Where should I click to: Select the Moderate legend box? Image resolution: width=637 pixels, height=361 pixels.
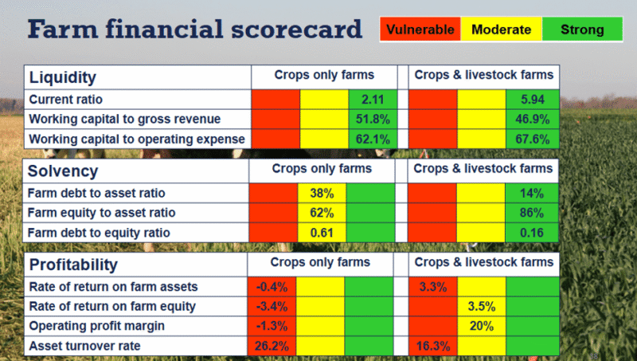tap(502, 30)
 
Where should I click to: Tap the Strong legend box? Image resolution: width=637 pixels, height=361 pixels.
tap(582, 30)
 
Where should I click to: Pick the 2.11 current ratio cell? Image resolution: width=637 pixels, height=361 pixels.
tap(372, 100)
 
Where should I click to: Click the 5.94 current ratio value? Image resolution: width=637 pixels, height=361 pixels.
tap(530, 100)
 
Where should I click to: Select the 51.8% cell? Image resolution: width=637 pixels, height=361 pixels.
tap(372, 119)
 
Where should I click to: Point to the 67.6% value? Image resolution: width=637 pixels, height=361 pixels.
tap(530, 139)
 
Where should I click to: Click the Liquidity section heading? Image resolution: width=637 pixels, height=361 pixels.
tap(63, 78)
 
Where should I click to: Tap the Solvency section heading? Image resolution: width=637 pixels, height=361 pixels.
tap(63, 171)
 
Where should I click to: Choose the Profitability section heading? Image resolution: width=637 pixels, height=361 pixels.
tap(73, 265)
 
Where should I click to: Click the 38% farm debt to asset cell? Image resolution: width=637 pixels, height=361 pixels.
tap(321, 193)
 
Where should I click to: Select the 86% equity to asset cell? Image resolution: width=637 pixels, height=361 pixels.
tap(529, 213)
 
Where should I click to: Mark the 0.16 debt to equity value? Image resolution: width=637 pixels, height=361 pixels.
tap(529, 232)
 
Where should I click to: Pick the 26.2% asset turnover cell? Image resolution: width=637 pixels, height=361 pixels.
tap(272, 347)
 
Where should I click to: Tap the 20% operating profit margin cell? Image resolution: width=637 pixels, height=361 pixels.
tap(480, 327)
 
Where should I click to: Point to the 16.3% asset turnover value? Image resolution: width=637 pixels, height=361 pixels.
tap(432, 347)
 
